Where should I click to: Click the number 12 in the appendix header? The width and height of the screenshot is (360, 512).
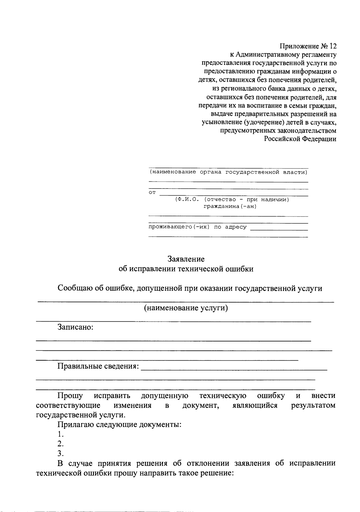click(333, 46)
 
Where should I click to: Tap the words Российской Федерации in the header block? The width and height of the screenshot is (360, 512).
click(300, 139)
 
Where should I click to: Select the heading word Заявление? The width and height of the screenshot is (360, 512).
click(186, 259)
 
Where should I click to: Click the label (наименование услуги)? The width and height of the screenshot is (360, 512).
click(186, 308)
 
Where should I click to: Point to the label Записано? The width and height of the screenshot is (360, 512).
click(76, 327)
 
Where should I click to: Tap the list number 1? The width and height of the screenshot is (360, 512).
click(61, 434)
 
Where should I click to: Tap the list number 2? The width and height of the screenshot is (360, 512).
click(61, 444)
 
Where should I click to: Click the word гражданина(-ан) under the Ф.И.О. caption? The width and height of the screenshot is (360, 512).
click(230, 207)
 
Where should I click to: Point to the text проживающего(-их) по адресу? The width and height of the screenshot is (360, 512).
click(198, 227)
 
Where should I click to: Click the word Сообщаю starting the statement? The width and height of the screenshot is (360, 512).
click(74, 288)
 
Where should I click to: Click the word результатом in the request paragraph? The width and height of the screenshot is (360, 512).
click(313, 406)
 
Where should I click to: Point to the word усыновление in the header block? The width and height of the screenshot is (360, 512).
click(221, 123)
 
